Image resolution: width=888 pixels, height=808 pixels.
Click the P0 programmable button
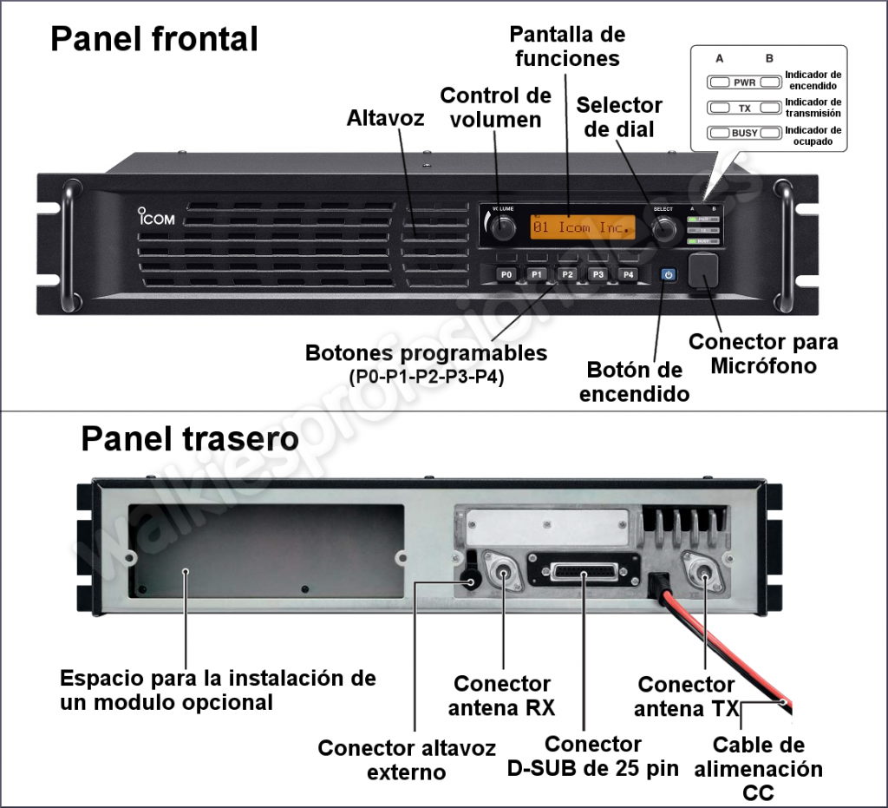coord(506,274)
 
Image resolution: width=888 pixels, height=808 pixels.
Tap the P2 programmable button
coord(567,274)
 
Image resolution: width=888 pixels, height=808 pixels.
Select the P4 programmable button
coord(628,274)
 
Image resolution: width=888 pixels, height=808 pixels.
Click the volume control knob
coord(500,227)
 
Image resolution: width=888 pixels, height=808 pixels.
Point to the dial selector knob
coord(664,228)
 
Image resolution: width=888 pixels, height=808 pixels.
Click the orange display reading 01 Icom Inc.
coord(582,227)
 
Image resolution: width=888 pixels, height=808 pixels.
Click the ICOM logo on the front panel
coord(156,217)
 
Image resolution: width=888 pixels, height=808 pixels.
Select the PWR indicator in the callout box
coord(733,82)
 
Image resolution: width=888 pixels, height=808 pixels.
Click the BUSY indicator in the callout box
coord(733,133)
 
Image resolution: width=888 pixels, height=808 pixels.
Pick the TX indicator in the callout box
coord(733,108)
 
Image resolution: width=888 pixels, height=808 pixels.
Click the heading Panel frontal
coord(154,39)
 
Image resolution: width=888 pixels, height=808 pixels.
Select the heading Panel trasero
coord(189,439)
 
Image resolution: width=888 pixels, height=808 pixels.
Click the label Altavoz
coord(385,118)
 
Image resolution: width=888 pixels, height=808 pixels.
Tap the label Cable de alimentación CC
coord(758,768)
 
